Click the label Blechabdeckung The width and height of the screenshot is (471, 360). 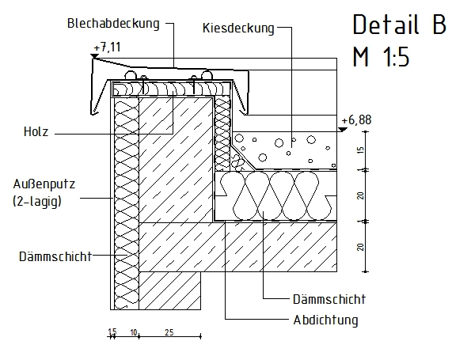pyautogui.click(x=113, y=24)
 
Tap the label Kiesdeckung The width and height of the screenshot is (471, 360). pyautogui.click(x=238, y=28)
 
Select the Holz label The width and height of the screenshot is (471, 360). pyautogui.click(x=36, y=132)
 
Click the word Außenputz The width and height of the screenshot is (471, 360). pyautogui.click(x=44, y=184)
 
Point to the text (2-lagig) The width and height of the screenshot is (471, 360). pyautogui.click(x=37, y=201)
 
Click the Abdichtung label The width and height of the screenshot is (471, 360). pyautogui.click(x=325, y=320)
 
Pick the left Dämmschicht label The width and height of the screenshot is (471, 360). pyautogui.click(x=55, y=256)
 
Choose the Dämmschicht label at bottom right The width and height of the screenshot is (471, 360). pyautogui.click(x=329, y=299)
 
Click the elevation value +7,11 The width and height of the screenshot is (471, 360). pyautogui.click(x=107, y=47)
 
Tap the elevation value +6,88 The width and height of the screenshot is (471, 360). pyautogui.click(x=356, y=119)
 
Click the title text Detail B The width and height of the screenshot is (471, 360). pyautogui.click(x=400, y=25)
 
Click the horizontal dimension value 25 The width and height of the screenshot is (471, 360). pyautogui.click(x=169, y=332)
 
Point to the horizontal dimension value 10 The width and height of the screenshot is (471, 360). pyautogui.click(x=133, y=332)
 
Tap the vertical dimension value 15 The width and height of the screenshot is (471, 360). pyautogui.click(x=361, y=150)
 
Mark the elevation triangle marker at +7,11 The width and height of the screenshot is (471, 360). pyautogui.click(x=95, y=56)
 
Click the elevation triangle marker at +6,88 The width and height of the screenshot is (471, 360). pyautogui.click(x=343, y=130)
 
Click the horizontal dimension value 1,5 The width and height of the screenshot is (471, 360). pyautogui.click(x=112, y=332)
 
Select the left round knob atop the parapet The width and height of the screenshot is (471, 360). pyautogui.click(x=131, y=75)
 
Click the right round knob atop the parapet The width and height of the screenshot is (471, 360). pyautogui.click(x=207, y=74)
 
